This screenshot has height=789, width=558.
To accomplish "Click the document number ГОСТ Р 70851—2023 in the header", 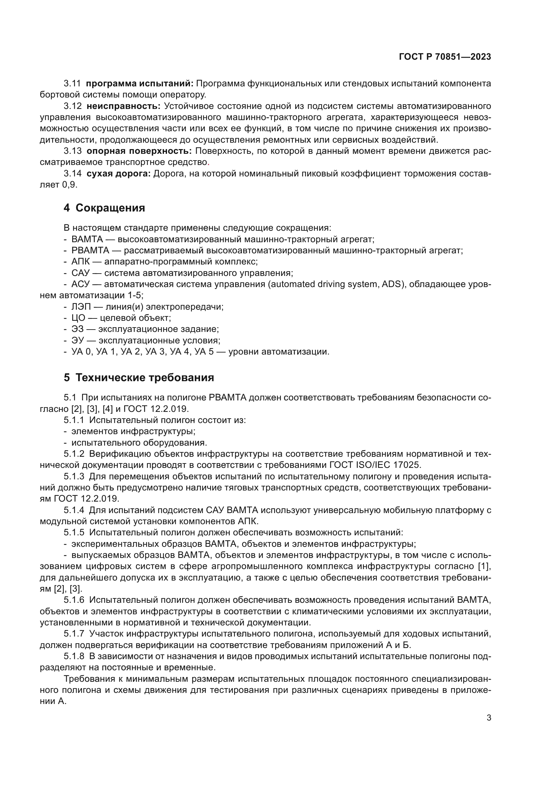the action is point(445,57).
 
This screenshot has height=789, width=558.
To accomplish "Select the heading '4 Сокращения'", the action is point(104,208).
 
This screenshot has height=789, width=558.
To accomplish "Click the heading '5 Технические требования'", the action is point(138,378).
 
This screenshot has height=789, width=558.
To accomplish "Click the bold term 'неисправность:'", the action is point(123,106).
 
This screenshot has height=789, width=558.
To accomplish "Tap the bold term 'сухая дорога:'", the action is point(118,173).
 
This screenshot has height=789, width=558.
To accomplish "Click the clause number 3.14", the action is point(73,173).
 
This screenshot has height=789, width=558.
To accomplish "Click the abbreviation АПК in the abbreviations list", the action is point(80,261).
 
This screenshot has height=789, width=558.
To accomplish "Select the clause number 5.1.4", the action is point(74,510).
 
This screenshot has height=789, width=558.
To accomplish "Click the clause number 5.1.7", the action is point(74,633).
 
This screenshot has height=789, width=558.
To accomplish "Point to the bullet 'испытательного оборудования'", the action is point(139,443).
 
